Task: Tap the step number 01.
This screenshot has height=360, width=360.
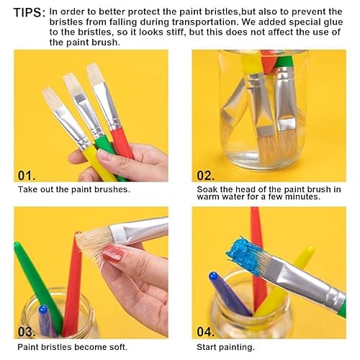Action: pyautogui.click(x=27, y=174)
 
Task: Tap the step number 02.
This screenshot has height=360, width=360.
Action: pyautogui.click(x=207, y=174)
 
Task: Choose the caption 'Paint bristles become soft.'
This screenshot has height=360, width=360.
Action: pyautogui.click(x=71, y=346)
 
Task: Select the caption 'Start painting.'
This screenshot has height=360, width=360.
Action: pyautogui.click(x=225, y=346)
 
